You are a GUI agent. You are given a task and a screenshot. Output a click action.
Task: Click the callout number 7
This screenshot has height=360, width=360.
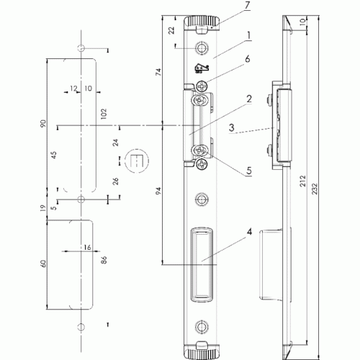click(x=248, y=6)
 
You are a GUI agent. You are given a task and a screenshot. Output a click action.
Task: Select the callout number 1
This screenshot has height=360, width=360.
click(x=248, y=35)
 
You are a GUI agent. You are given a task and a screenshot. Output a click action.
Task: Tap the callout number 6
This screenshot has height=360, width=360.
click(x=247, y=59)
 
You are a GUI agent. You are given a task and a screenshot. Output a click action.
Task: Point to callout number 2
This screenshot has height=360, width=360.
click(x=249, y=99)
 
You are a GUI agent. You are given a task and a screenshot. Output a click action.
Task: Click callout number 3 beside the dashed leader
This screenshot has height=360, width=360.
click(x=232, y=127)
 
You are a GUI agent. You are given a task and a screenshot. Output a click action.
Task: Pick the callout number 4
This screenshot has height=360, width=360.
click(x=249, y=232)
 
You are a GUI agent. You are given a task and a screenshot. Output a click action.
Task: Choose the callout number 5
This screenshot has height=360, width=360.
click(x=249, y=171)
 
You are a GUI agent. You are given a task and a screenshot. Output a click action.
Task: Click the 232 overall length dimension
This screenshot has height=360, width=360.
click(x=315, y=189)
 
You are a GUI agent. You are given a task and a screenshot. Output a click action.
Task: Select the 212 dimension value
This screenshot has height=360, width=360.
click(x=303, y=181)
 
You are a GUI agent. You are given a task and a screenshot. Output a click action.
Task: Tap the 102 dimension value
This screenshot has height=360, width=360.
click(x=104, y=114)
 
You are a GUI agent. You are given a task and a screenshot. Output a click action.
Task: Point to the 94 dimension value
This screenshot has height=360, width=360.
click(x=158, y=191)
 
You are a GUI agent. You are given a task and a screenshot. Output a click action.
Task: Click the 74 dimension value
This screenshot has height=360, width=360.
click(x=158, y=72)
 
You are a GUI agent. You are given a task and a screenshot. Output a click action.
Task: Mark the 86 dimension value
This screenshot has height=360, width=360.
click(x=104, y=260)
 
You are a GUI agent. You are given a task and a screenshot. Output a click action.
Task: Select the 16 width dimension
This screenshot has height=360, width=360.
click(x=87, y=247)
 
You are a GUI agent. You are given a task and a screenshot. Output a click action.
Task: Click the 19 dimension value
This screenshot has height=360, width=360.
click(x=42, y=208)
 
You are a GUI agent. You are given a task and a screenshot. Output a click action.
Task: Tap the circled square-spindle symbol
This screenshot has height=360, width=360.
click(x=137, y=161)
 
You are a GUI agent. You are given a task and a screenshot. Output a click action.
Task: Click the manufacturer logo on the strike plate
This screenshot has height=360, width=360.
click(x=202, y=68)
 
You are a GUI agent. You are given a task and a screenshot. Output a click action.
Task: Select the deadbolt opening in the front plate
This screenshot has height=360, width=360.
click(x=202, y=264)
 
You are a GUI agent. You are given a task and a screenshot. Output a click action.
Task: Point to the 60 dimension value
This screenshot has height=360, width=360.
click(x=43, y=264)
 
